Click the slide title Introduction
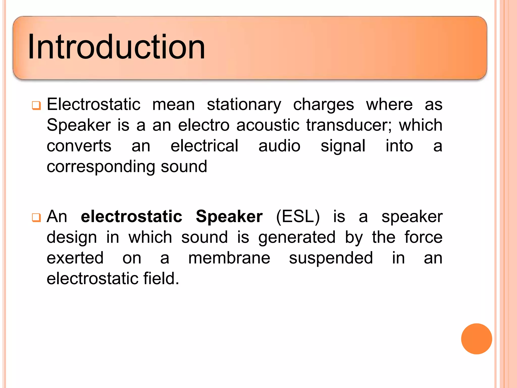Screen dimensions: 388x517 pyautogui.click(x=116, y=47)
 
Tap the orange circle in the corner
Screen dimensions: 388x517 pyautogui.click(x=476, y=339)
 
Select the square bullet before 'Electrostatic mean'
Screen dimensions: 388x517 pyautogui.click(x=36, y=105)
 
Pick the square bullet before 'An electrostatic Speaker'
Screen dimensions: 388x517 pyautogui.click(x=36, y=217)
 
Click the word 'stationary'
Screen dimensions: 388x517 pyautogui.click(x=244, y=105)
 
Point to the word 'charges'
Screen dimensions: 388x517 pyautogui.click(x=323, y=105)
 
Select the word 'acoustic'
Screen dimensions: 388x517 pyautogui.click(x=268, y=125)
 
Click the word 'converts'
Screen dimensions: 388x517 pyautogui.click(x=79, y=146)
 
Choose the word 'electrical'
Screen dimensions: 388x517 pyautogui.click(x=204, y=146)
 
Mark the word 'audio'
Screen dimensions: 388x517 pyautogui.click(x=279, y=146)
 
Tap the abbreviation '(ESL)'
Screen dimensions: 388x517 pyautogui.click(x=298, y=217)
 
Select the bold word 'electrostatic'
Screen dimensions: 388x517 pyautogui.click(x=132, y=217)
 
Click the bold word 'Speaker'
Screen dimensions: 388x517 pyautogui.click(x=229, y=217)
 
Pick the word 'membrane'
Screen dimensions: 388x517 pyautogui.click(x=229, y=258)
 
